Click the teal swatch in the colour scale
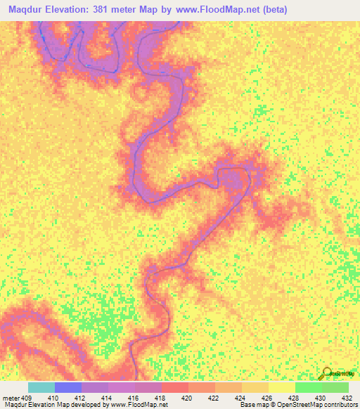(41, 387)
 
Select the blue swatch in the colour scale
(68, 387)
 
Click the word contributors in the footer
(340, 405)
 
